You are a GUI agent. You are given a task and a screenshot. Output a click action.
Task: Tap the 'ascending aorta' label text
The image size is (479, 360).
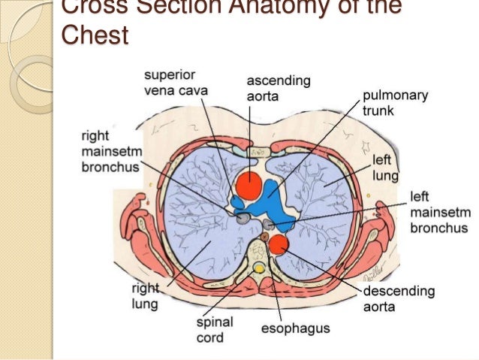click(279, 88)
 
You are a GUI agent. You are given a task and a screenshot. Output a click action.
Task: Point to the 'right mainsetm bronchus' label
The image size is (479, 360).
click(110, 150)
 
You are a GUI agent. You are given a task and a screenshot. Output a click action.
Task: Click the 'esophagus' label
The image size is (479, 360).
click(295, 329)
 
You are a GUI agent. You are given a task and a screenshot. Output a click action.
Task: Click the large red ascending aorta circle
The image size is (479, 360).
click(249, 186)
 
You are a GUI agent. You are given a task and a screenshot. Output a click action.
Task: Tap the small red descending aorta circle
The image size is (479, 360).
click(279, 244)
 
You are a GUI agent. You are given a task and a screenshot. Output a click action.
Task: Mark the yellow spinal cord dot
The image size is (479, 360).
click(259, 268)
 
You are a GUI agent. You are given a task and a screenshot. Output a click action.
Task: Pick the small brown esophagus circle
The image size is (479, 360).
click(264, 237)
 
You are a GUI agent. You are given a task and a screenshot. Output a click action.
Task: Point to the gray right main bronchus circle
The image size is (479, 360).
click(243, 219)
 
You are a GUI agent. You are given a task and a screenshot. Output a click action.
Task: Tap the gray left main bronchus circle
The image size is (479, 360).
click(269, 224)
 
